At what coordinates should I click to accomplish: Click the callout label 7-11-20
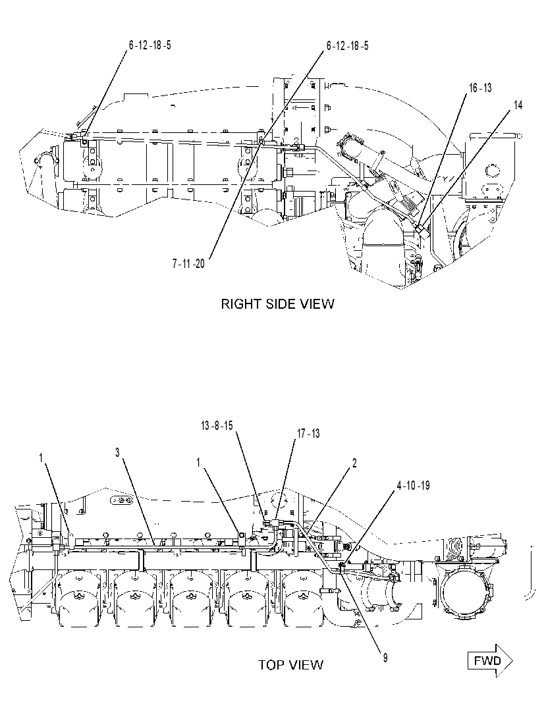(188, 264)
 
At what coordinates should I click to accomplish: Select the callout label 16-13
(480, 88)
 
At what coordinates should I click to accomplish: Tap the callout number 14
(518, 105)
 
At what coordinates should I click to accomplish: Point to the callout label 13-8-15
(217, 425)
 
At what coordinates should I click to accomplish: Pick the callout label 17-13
(308, 433)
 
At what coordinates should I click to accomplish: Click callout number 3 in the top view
(117, 452)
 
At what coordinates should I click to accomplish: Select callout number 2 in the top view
(355, 463)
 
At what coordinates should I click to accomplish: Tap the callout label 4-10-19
(414, 486)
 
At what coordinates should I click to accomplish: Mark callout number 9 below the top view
(385, 658)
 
